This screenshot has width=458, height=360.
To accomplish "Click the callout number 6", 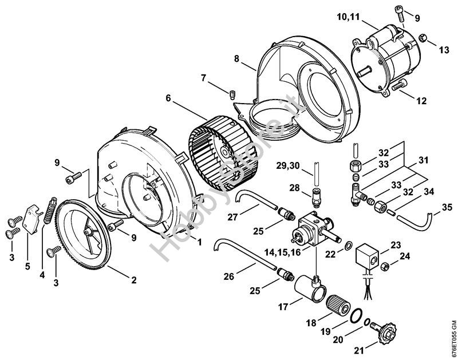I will coord(168,98).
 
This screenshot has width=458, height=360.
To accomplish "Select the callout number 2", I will coord(133,280).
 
